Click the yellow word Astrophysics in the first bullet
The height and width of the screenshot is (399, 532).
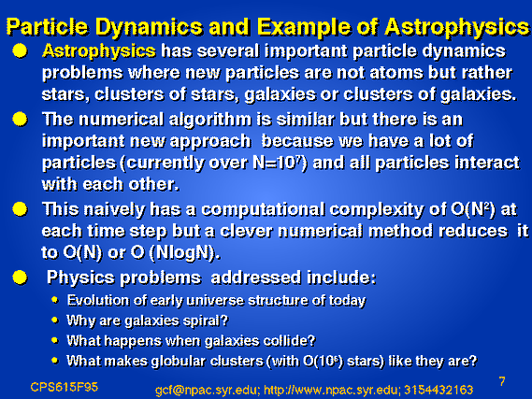coord(99,51)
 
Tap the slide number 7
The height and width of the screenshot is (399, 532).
coord(502,381)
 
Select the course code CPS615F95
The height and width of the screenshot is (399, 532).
coord(65,387)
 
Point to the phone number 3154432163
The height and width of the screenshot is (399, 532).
coord(439,390)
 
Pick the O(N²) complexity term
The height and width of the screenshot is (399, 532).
coord(472,209)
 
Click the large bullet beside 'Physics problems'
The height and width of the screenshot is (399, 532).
coord(20,278)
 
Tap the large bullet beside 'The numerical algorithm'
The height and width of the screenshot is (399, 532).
coord(20,120)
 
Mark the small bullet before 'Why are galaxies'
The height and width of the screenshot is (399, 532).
coord(55,320)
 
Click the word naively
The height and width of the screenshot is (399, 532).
coord(114,210)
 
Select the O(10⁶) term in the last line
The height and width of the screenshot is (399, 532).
coord(323,361)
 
